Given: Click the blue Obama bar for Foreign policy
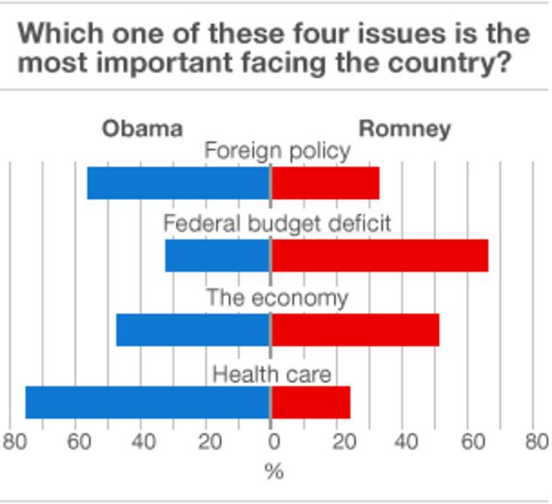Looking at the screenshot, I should coord(178,183).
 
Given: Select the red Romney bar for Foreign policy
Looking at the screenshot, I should coord(326,183).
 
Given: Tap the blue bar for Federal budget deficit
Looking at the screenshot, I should coord(217,256).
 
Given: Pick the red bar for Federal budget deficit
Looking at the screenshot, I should coord(379,256).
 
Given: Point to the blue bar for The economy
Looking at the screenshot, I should coord(193,330).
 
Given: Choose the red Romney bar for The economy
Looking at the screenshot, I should coord(355,330).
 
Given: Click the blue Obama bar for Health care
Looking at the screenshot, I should coord(147,402).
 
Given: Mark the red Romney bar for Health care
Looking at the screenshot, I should coord(310,402).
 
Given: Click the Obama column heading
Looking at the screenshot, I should coord(142,129).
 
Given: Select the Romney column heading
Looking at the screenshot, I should coord(404,129).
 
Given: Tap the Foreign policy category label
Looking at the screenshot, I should coord(277,151).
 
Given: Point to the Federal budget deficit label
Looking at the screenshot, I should coord(276,224).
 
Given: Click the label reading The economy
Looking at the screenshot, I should coord(277,298).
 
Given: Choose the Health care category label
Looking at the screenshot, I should coord(272,374).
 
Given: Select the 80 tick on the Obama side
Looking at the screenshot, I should coord(14,442).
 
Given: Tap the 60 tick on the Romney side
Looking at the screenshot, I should coord(470,442).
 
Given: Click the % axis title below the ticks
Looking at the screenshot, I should coord(273,471).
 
